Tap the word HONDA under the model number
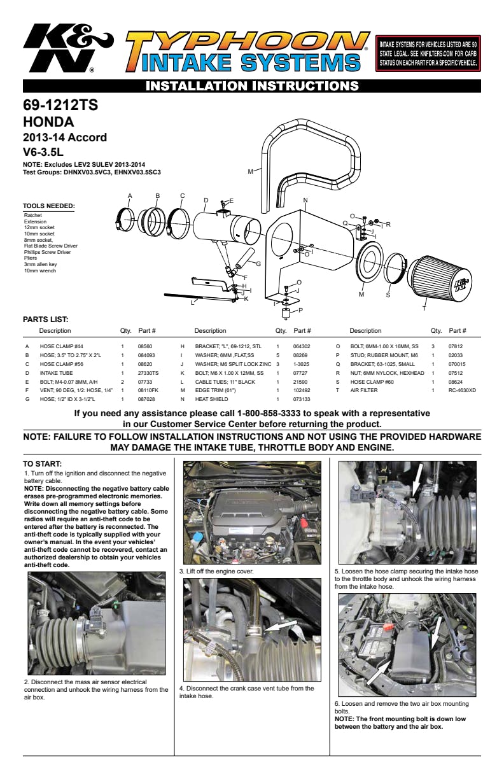pos(48,122)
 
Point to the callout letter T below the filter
pos(424,309)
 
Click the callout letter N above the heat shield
pos(305,200)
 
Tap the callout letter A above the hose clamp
pos(130,195)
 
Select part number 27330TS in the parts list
pos(148,372)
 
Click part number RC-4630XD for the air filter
pos(462,390)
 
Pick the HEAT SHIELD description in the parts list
pos(211,399)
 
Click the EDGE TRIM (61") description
pos(216,390)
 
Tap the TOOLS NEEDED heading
pos(49,206)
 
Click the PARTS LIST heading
pos(46,319)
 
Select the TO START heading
pos(42,464)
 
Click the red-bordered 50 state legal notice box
pos(427,53)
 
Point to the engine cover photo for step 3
pos(251,513)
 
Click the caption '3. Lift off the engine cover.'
pos(216,572)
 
